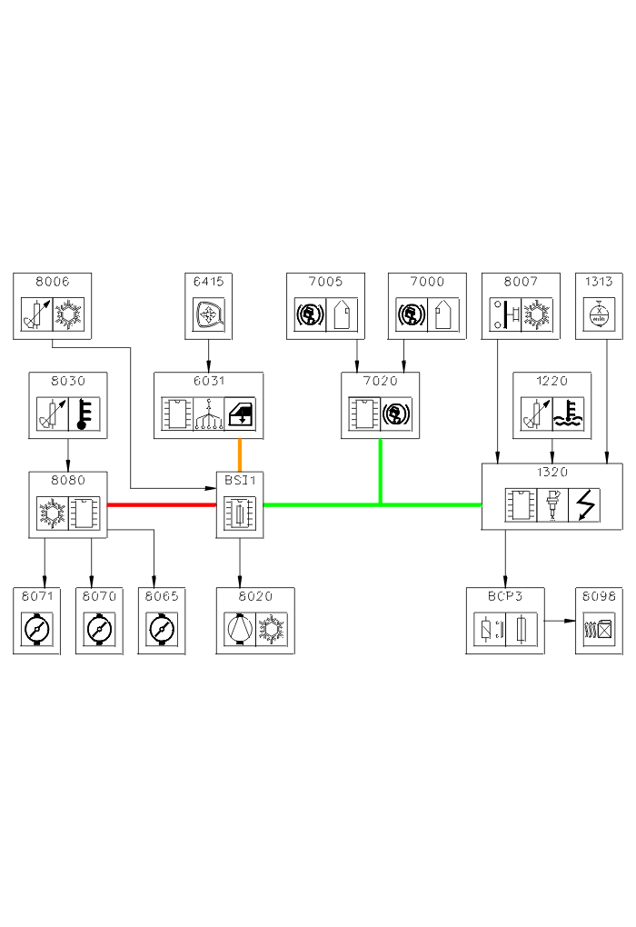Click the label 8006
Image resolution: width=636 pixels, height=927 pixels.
pyautogui.click(x=53, y=282)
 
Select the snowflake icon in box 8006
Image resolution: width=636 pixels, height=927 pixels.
pyautogui.click(x=68, y=314)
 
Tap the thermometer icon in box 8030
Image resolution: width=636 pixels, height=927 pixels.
pyautogui.click(x=84, y=414)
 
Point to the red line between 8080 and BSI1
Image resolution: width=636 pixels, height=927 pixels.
pyautogui.click(x=162, y=504)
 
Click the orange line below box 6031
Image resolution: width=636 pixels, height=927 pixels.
pyautogui.click(x=240, y=454)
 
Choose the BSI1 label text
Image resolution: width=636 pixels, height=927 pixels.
pyautogui.click(x=240, y=480)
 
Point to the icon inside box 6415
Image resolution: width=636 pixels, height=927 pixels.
pyautogui.click(x=209, y=314)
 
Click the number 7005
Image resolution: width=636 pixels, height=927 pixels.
pyautogui.click(x=325, y=282)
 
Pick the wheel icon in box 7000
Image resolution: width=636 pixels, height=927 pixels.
pyautogui.click(x=409, y=314)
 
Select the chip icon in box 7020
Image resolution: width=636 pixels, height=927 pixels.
pyautogui.click(x=365, y=414)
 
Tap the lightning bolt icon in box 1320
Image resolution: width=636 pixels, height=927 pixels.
pyautogui.click(x=583, y=504)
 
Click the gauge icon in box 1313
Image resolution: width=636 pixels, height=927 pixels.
pyautogui.click(x=599, y=314)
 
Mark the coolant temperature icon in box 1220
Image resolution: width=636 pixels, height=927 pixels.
pyautogui.click(x=568, y=414)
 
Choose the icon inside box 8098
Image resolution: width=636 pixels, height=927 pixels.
pyautogui.click(x=599, y=628)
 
